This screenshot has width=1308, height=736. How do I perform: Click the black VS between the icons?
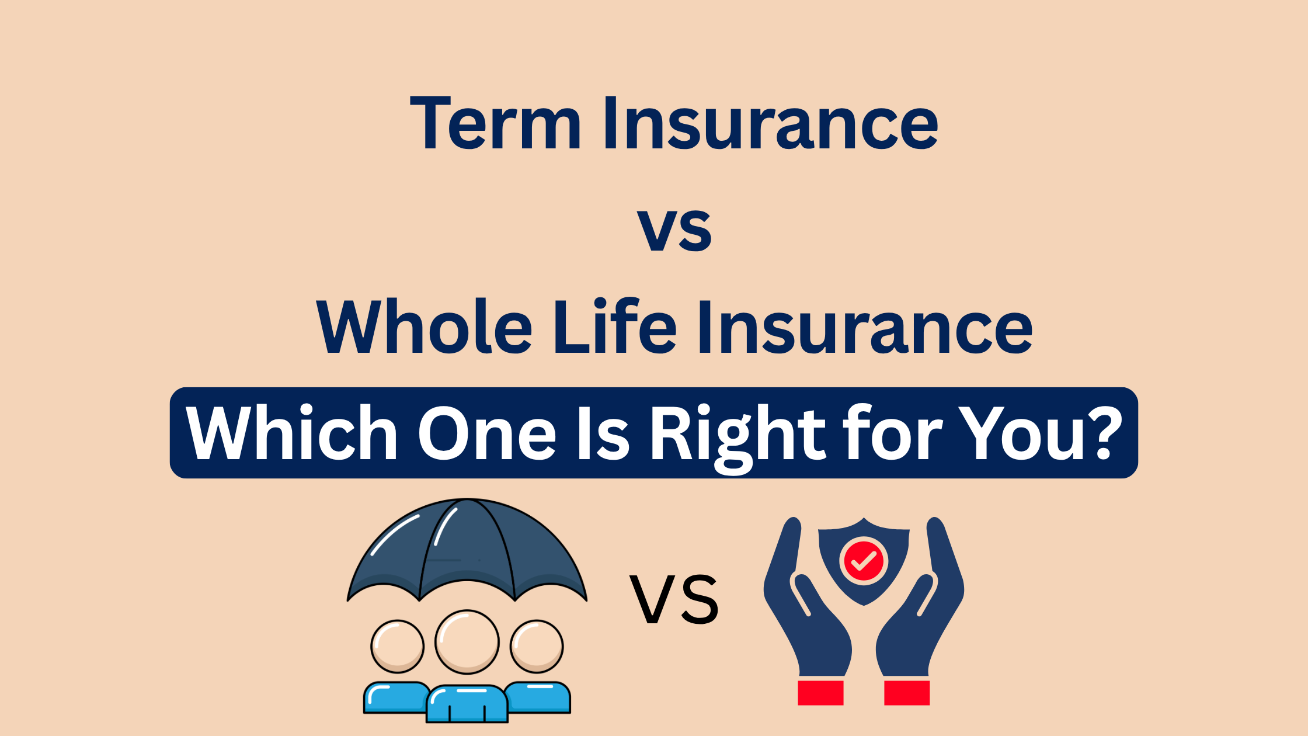[x=674, y=599]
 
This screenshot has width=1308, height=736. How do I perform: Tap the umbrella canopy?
[x=467, y=549]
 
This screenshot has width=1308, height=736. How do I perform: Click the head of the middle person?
[x=467, y=642]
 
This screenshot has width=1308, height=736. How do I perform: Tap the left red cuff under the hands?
[x=820, y=693]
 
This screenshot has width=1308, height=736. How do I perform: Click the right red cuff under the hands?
[x=907, y=693]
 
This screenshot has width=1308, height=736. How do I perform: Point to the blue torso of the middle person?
[x=467, y=704]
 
